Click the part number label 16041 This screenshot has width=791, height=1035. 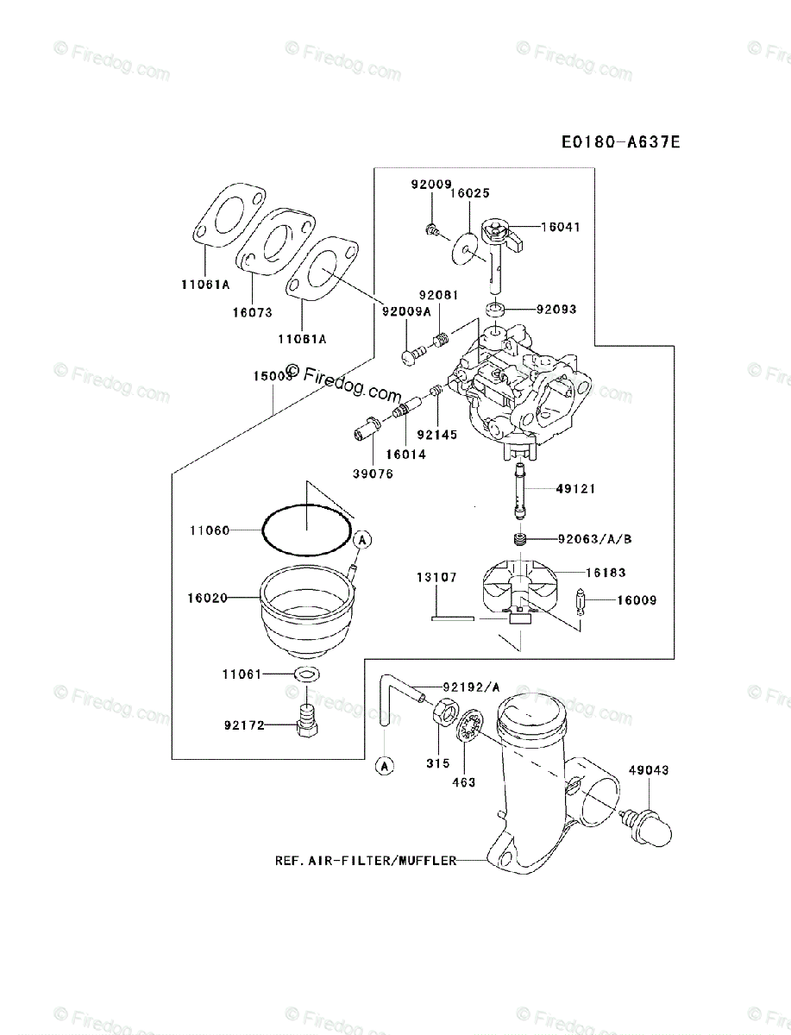pos(561,228)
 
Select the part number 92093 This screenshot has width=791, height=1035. pos(556,309)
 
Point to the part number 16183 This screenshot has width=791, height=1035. pos(606,572)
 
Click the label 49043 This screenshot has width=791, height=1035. pos(648,770)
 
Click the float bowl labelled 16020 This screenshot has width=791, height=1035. pos(307,608)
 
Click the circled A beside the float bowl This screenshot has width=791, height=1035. pos(362,539)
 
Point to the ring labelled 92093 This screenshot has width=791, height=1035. pos(494,309)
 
